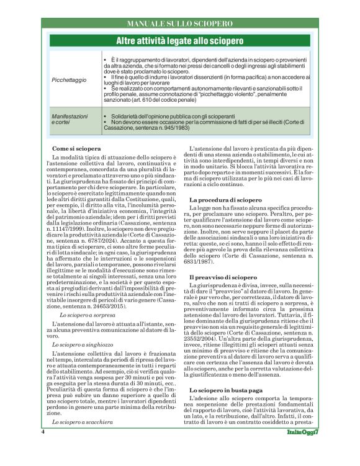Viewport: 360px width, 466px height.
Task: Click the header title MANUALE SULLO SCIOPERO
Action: [x=179, y=24]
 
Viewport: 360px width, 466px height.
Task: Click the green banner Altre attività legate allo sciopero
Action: [x=180, y=41]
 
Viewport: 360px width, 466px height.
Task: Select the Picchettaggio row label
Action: [x=69, y=80]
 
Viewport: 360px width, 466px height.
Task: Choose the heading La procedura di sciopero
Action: [x=225, y=200]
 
